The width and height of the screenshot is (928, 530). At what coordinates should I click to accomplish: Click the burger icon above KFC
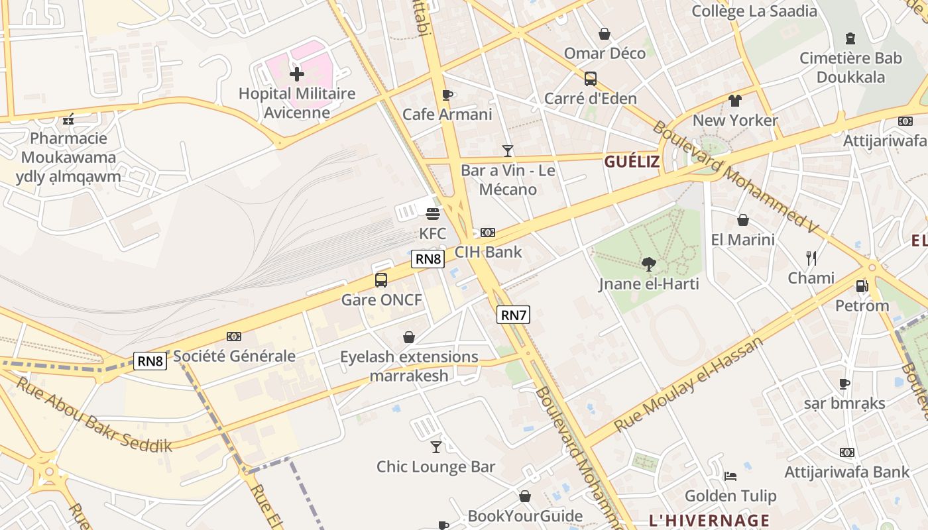433,214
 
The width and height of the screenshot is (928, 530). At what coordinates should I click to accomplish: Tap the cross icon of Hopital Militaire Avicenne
297,74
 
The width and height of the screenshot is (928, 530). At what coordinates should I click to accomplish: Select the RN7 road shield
513,315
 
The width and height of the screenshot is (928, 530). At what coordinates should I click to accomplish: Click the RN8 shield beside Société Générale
150,360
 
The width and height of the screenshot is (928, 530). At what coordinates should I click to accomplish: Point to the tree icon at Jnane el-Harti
649,264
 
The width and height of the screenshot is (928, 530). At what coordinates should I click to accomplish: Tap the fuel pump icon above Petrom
862,286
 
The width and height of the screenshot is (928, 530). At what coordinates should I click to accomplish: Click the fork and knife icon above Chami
811,258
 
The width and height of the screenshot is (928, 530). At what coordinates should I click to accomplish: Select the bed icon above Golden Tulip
730,476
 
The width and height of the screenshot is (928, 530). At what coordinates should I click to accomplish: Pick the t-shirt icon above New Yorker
734,101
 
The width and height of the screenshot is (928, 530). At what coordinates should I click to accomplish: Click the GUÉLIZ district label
632,162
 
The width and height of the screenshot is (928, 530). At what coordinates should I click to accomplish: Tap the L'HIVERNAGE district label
709,520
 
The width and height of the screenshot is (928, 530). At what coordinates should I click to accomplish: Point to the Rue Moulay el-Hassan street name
689,384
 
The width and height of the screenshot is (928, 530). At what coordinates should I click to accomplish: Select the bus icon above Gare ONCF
381,280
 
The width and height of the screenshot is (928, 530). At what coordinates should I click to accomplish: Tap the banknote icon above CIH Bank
488,232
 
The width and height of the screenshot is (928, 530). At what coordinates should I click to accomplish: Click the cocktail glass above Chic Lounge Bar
435,447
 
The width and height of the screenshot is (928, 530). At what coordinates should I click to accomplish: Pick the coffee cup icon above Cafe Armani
447,95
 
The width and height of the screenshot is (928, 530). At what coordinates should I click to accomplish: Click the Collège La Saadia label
754,11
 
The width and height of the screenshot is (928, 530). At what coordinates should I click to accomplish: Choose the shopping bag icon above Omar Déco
605,33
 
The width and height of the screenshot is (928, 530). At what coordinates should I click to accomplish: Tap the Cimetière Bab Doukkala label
850,67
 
